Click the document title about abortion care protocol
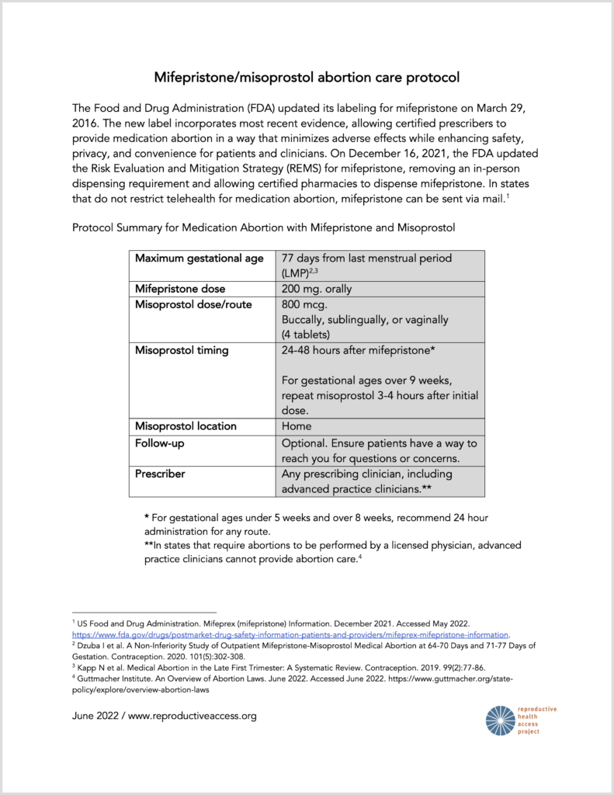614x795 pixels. click(307, 77)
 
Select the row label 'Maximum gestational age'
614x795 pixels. click(199, 259)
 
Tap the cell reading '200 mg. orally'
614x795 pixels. click(317, 289)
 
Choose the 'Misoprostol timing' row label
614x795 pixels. click(182, 350)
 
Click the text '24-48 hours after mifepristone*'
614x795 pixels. click(357, 350)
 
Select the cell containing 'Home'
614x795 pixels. click(297, 426)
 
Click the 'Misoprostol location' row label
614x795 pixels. click(186, 426)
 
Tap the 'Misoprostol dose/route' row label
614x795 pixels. click(193, 304)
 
